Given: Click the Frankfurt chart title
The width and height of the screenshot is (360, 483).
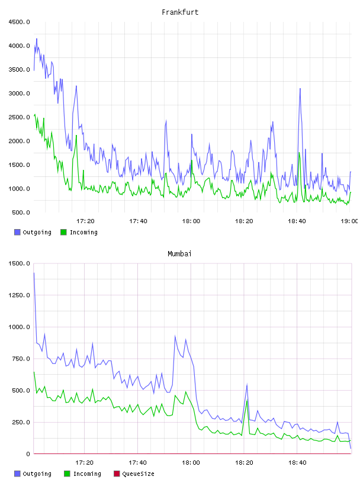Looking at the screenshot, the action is (180, 12).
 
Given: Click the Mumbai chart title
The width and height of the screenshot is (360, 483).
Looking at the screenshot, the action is (179, 254).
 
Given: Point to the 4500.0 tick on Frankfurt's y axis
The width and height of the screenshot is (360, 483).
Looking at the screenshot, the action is (19, 22).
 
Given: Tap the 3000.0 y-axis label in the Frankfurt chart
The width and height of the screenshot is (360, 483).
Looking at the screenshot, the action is (19, 94).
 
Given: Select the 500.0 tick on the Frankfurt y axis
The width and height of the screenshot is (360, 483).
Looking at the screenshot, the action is (21, 212).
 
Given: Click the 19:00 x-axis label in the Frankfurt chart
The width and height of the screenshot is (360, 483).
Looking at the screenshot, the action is (349, 221).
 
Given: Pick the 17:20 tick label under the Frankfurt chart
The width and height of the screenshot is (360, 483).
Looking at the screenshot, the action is (85, 221).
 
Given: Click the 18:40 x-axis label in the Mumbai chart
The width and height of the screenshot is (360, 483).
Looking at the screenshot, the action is (297, 463).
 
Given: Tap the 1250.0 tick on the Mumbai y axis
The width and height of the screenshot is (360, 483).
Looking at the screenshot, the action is (19, 295).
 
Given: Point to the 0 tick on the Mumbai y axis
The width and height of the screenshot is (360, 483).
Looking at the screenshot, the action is (28, 454).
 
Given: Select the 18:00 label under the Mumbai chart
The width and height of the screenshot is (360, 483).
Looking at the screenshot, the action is (191, 463).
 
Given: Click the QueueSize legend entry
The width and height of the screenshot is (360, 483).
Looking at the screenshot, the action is (134, 474).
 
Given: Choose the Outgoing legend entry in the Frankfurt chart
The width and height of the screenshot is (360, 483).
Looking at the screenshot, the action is (33, 232).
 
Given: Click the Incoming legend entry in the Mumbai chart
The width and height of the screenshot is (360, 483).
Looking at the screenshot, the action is (83, 474).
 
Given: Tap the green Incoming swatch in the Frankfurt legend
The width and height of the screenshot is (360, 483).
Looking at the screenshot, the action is (63, 232).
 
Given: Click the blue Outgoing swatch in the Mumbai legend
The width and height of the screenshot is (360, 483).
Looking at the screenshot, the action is (17, 474).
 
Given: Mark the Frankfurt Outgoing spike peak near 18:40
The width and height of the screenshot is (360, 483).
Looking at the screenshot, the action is (300, 89).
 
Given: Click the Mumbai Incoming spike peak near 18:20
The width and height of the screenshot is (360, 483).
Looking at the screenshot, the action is (247, 401).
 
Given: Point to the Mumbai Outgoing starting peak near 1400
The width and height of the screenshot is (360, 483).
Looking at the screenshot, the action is (34, 273).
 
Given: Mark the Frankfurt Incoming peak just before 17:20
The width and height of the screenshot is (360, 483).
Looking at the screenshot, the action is (76, 135).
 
